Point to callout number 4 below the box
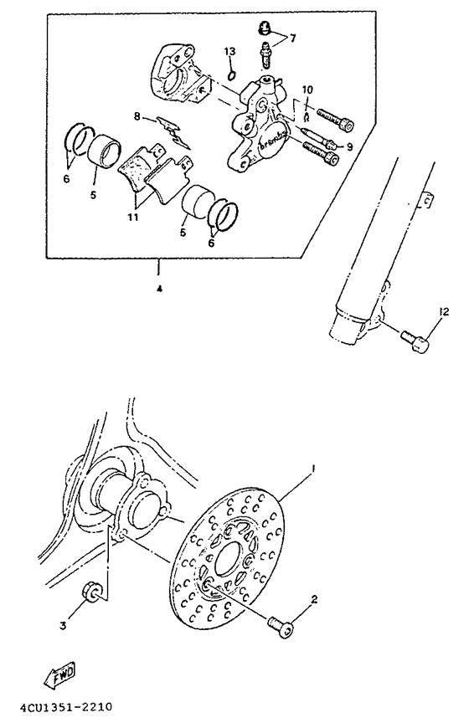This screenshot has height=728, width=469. coord(158,289)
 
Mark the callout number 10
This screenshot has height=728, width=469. coord(307,90)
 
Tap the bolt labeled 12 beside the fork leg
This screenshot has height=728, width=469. coord(414,342)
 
